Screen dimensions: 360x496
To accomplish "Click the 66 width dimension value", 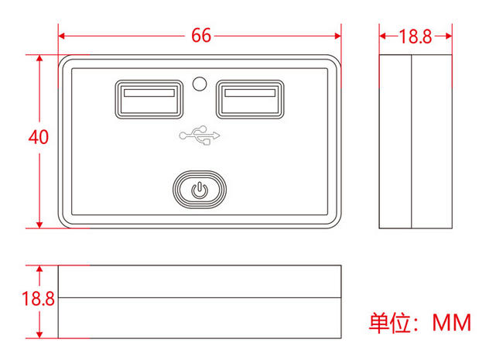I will point(200,36).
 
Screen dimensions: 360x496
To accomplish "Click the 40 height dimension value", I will point(39,137).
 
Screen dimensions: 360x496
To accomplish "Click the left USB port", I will point(149,99).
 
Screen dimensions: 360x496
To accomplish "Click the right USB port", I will point(249,99).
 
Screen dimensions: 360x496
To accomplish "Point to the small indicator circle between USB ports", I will point(200,83).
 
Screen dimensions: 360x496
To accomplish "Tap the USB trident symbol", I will point(200,136).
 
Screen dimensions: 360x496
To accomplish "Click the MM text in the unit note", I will point(451,322).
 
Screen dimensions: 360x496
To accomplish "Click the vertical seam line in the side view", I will point(410,142).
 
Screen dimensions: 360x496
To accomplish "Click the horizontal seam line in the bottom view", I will point(200,297).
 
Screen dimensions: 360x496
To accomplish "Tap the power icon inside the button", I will point(200,189).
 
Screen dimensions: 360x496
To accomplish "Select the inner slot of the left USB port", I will point(149,94).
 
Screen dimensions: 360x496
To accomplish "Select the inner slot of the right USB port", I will point(249,94).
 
